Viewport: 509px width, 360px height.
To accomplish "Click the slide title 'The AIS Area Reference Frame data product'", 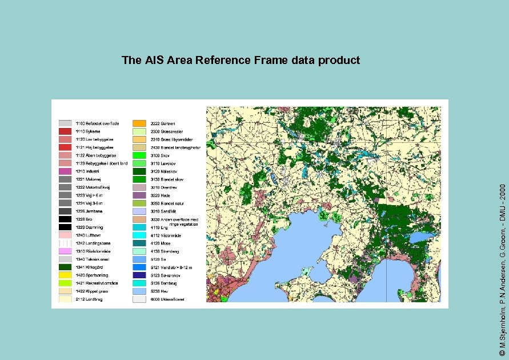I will click(x=241, y=60).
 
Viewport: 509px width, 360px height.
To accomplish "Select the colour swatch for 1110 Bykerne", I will click(x=65, y=131).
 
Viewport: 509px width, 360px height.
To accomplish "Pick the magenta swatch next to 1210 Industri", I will click(x=65, y=171).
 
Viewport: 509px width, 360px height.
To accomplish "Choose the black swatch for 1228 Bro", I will click(x=65, y=219).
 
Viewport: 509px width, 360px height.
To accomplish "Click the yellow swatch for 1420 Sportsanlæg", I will click(x=65, y=275).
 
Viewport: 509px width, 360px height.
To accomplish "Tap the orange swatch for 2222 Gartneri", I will click(x=139, y=123).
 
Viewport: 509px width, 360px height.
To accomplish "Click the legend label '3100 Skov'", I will click(x=161, y=155).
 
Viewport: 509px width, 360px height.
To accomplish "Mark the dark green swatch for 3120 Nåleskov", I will click(x=139, y=171).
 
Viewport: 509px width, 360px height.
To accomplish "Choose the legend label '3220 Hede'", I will click(x=161, y=195).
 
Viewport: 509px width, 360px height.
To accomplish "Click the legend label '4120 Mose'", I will click(x=162, y=243).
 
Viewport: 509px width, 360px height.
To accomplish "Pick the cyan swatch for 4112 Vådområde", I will click(x=139, y=235).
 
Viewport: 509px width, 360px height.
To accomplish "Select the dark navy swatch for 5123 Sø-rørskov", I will click(x=139, y=275).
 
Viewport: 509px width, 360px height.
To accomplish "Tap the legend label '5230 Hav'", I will click(x=161, y=291).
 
